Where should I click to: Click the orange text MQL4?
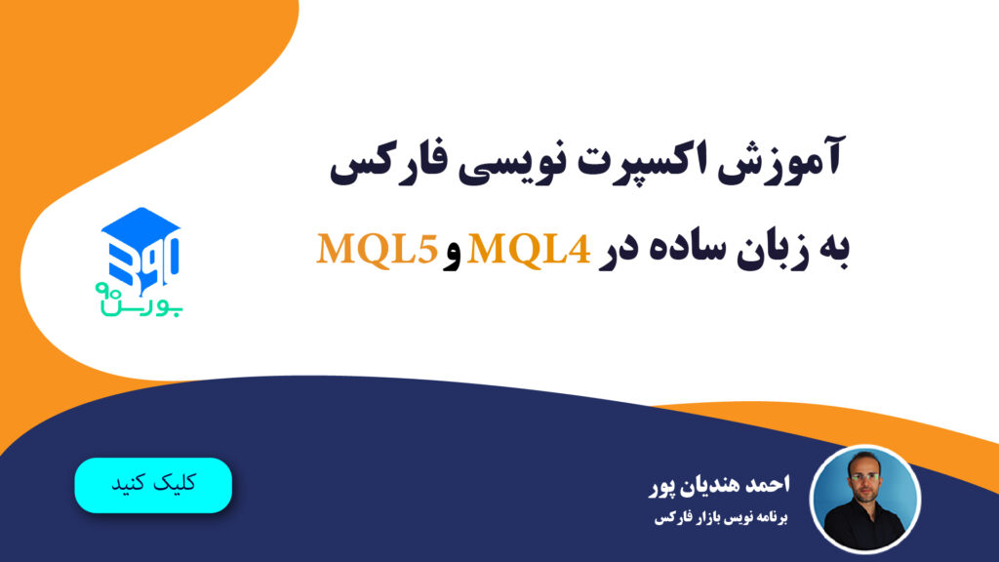pyautogui.click(x=533, y=250)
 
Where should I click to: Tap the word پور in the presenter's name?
pyautogui.click(x=662, y=485)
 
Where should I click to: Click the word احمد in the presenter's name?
pyautogui.click(x=780, y=485)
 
